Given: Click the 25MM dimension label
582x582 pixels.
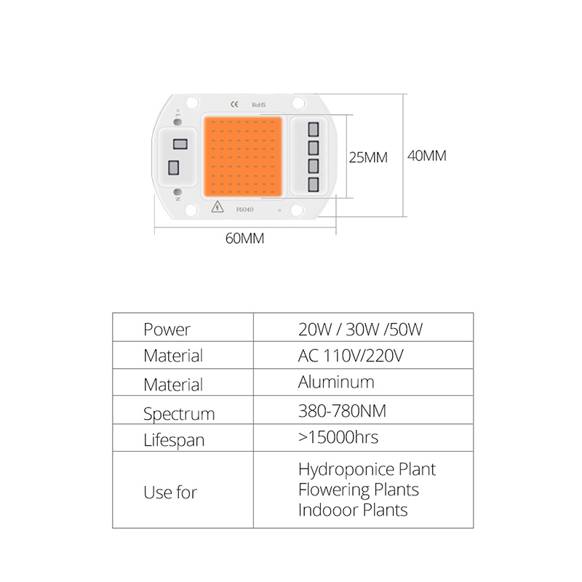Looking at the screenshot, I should click(x=368, y=157).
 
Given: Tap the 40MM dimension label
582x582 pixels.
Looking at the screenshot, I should click(x=426, y=156).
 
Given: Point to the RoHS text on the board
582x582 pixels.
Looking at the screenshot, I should click(x=259, y=105).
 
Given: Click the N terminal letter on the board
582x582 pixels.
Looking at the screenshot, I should click(x=177, y=194).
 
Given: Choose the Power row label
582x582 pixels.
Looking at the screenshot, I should click(x=167, y=330).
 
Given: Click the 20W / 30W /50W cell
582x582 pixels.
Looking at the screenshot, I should click(x=360, y=329).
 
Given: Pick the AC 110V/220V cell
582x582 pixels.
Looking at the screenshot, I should click(x=351, y=356).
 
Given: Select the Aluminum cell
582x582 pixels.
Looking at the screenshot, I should click(x=336, y=382).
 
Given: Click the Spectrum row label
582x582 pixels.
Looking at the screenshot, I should click(x=179, y=414).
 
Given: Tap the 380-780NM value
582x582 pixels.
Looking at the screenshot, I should click(x=342, y=411).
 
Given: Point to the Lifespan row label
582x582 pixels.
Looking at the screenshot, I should click(x=174, y=440).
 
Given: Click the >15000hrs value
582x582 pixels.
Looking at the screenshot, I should click(x=338, y=437).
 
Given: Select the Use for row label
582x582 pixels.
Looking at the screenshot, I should click(x=170, y=493).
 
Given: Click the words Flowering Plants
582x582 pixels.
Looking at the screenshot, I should click(x=358, y=490).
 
